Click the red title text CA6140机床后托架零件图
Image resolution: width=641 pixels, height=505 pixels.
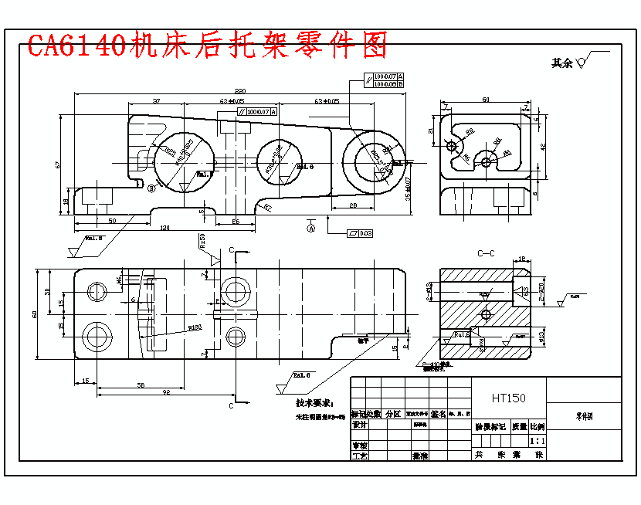click(x=207, y=46)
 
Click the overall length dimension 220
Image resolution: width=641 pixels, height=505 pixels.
click(x=240, y=90)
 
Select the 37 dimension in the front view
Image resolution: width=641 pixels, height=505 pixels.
click(x=157, y=101)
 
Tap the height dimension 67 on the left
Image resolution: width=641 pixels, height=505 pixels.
click(x=59, y=164)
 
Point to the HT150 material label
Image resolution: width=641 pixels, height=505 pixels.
click(x=508, y=398)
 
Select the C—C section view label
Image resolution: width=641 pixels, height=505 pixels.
click(x=486, y=252)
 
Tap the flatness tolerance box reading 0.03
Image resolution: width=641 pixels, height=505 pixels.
click(x=361, y=232)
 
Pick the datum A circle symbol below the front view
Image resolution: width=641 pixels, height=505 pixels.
click(x=311, y=229)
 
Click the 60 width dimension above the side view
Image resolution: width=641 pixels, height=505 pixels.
click(x=486, y=100)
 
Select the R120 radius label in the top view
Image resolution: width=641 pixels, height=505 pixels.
click(x=195, y=328)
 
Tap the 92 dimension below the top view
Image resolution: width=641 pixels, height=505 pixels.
click(x=165, y=392)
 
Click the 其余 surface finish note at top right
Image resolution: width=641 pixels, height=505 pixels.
click(x=562, y=63)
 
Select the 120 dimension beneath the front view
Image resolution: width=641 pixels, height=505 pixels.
click(x=164, y=228)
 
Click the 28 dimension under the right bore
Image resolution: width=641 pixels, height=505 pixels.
click(x=352, y=205)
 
